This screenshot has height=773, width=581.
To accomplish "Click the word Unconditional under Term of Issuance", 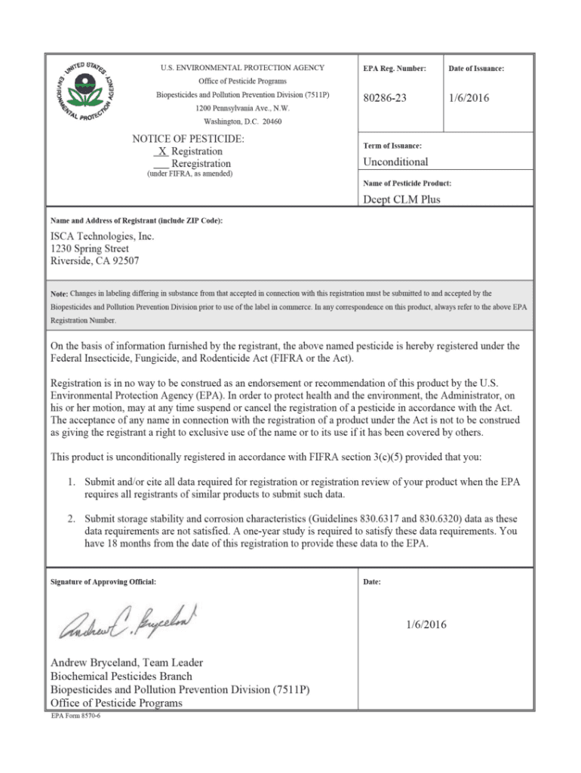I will point(395,162).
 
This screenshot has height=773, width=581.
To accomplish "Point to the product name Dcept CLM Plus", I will point(401,199).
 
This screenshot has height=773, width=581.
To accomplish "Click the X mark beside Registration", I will point(162,151).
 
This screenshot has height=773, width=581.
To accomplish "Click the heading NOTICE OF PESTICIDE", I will point(188,139).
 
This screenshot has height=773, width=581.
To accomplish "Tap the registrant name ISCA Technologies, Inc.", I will point(102,236).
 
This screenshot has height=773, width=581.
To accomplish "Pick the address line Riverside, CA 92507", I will point(94,261).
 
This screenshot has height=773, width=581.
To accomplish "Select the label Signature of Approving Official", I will point(103,582).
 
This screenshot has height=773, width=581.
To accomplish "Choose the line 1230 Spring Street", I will point(89,248).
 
